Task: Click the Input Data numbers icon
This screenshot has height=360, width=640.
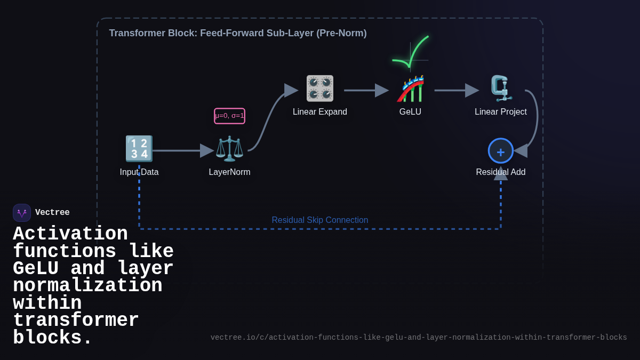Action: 139,148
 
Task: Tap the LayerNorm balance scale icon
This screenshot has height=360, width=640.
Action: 229,149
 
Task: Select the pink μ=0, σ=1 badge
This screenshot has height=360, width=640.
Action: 229,116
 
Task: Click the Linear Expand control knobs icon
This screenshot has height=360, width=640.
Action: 319,89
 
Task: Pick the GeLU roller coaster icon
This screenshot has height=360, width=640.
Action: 410,89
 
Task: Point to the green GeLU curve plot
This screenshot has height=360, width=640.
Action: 411,54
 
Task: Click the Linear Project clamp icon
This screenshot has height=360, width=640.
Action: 500,89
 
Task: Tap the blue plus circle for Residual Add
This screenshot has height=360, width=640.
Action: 500,151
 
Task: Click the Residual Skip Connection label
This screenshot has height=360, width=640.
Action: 319,220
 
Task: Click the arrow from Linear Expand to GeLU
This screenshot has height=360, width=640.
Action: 366,91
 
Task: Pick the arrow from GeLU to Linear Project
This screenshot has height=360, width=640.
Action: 456,91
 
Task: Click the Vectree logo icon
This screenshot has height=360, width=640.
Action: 22,213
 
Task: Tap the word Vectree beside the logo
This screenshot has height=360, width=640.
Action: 52,213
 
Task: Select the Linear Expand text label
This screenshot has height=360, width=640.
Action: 319,112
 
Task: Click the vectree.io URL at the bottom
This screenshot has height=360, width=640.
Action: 418,338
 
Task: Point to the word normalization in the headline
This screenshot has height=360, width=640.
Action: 87,286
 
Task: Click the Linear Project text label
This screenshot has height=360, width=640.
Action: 500,112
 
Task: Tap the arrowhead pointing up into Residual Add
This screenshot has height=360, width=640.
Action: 500,174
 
